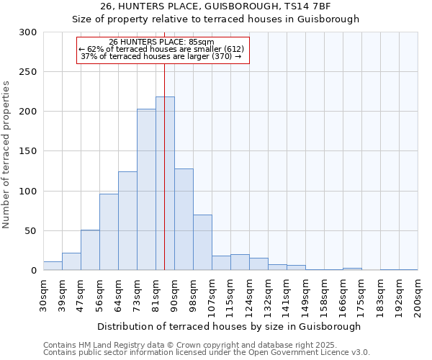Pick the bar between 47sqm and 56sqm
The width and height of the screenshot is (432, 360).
coord(90,250)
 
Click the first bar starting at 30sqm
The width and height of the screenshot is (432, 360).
coord(53,266)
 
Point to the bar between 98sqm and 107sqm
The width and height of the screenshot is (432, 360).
coord(202,243)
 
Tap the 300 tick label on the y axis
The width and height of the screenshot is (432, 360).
coord(28,32)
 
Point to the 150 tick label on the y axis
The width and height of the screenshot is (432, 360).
coord(28,151)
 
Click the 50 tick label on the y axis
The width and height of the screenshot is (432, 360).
coord(31,231)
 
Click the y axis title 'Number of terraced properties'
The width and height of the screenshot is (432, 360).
coord(6,154)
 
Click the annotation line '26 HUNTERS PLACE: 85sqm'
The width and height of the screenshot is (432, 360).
coord(162,42)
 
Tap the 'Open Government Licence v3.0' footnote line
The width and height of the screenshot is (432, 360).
coord(207,353)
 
